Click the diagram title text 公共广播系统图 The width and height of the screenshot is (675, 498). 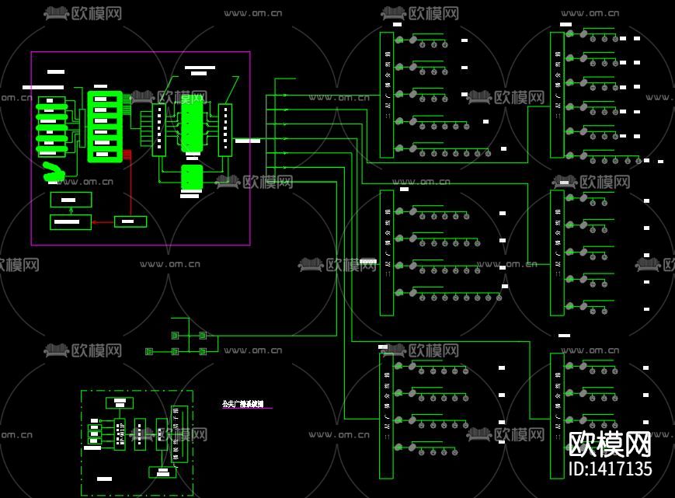[x=242, y=404]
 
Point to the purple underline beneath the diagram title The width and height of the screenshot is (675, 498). [x=247, y=409]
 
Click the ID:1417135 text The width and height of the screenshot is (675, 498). [x=611, y=468]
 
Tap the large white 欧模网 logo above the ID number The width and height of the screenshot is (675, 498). [x=610, y=444]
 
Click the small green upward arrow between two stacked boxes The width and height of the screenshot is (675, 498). [x=71, y=210]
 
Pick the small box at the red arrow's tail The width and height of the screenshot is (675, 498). [x=130, y=221]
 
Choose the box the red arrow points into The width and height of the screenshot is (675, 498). [x=71, y=222]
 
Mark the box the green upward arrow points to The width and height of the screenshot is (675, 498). [x=71, y=199]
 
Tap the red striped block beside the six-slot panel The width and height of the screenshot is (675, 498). [x=127, y=154]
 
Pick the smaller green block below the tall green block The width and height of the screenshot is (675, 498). [x=191, y=177]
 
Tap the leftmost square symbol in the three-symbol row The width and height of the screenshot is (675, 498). [x=150, y=351]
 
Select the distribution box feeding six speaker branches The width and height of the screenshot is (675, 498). [x=557, y=94]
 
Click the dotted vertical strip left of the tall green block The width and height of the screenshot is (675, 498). [x=159, y=129]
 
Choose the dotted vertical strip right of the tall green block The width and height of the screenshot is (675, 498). [x=225, y=129]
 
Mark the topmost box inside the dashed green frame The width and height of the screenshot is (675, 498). [x=119, y=402]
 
